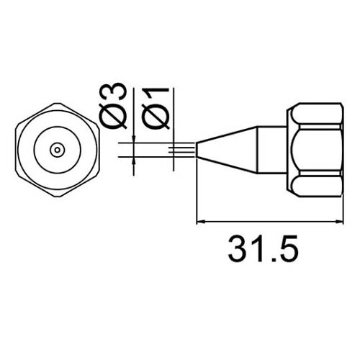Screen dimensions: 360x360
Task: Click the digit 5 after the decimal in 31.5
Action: point(285,249)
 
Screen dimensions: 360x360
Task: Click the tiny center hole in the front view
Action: point(55,150)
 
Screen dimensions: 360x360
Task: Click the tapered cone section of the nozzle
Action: point(227,150)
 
